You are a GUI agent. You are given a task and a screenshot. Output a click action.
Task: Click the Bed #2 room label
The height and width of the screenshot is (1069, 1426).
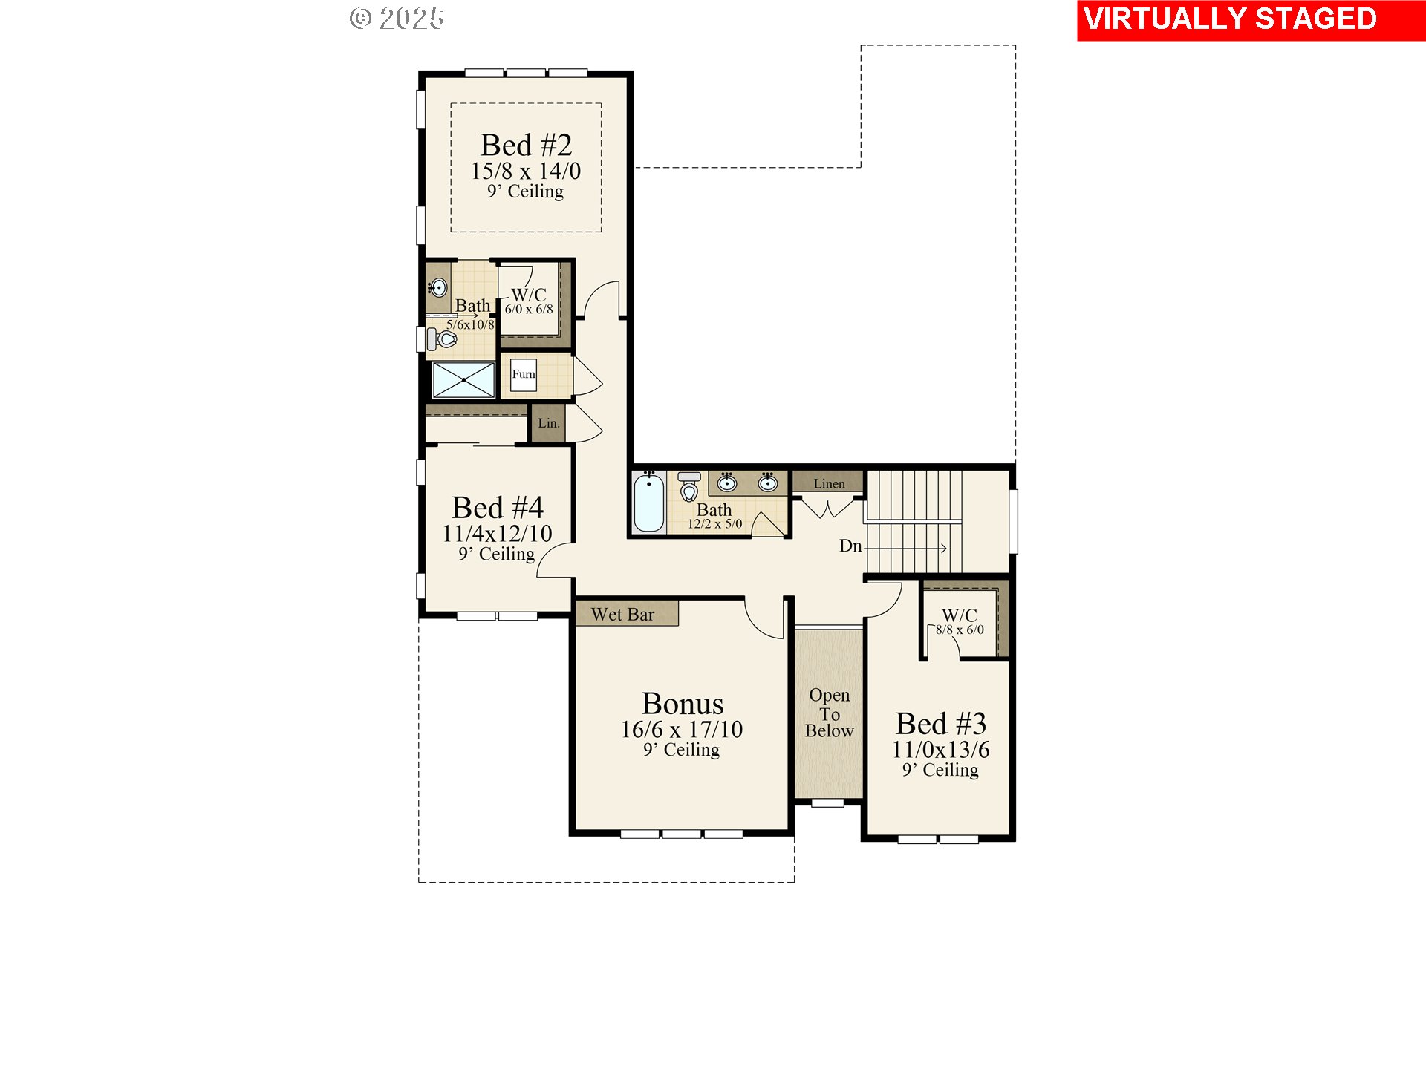[x=526, y=146]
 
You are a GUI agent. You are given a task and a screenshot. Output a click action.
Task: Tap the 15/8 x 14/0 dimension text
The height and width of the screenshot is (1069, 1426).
[x=526, y=171]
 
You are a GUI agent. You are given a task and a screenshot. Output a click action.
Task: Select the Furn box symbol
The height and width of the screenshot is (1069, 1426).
[x=523, y=374]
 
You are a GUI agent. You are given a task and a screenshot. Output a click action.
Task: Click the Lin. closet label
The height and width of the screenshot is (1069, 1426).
[x=548, y=423]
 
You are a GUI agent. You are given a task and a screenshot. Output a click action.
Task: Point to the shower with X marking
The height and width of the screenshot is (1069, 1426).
[x=463, y=380]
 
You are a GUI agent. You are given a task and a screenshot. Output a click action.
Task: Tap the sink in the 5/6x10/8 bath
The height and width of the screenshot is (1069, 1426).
[x=438, y=287]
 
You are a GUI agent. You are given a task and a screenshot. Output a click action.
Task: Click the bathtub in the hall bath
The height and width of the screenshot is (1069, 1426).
[x=648, y=503]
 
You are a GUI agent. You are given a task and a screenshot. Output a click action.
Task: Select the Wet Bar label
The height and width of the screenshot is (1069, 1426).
[x=623, y=615]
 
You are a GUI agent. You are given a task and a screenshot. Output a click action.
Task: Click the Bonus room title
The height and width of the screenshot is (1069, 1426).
[x=682, y=704]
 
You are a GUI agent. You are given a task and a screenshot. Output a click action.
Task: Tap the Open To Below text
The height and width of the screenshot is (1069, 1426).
[x=829, y=713]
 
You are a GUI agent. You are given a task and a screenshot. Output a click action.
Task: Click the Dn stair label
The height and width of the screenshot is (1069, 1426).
[x=850, y=546]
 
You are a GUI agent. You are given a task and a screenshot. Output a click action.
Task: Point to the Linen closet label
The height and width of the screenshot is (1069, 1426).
[x=829, y=484]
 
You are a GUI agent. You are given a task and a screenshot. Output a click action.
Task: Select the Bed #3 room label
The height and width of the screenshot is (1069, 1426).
[x=940, y=724]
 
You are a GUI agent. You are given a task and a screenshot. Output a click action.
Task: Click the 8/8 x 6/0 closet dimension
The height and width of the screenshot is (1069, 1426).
[x=960, y=630]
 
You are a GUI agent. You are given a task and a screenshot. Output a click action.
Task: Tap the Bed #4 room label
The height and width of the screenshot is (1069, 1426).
[x=497, y=509]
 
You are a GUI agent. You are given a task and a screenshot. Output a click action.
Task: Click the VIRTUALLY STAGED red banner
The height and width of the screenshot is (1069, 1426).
[x=1251, y=20]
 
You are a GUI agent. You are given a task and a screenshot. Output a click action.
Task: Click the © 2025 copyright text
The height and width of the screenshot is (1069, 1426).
[x=397, y=19]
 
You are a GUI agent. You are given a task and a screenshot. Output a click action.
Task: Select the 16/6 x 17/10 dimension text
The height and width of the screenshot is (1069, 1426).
[x=682, y=730]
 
